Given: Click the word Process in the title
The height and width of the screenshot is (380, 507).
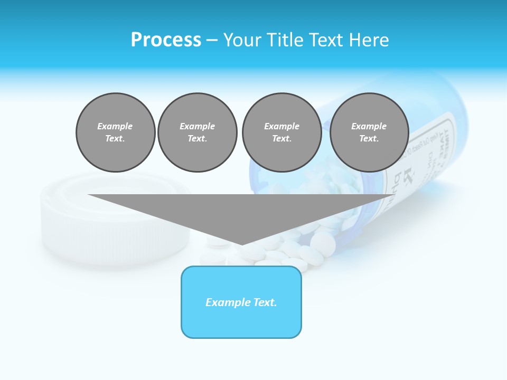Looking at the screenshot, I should coord(166,40).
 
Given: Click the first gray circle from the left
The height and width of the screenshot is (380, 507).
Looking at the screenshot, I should coord(115,132).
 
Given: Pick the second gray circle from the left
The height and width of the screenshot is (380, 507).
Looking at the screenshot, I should coord(197,132).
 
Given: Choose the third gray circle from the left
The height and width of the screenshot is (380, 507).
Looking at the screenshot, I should coord(281,132).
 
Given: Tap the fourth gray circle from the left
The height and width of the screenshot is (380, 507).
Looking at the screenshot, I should coord(369,132).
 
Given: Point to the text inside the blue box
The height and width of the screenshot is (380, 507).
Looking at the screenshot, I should coord(241,302).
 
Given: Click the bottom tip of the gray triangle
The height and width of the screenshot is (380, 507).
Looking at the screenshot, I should coord(241,244).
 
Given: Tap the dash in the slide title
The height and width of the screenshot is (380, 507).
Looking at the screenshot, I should coord(212,40).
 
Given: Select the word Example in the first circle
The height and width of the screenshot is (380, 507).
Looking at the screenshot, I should coord(115,126).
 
